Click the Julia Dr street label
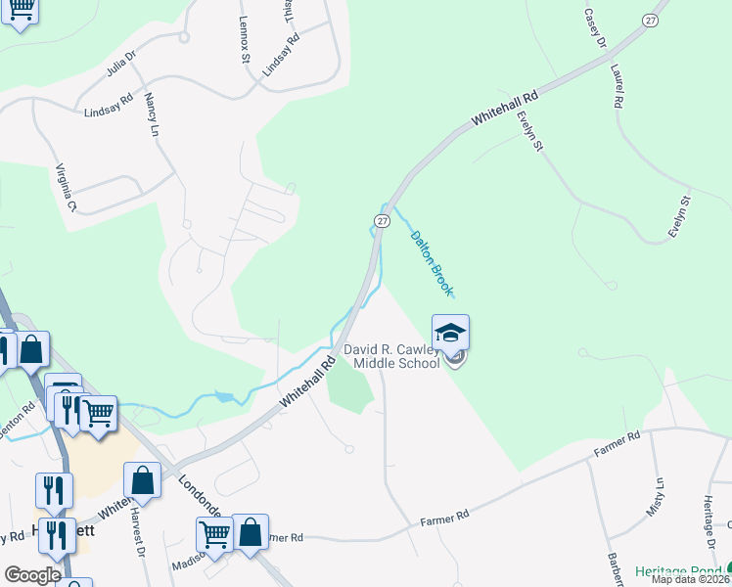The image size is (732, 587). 124,67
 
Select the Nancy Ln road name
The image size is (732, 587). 152,114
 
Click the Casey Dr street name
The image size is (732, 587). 595,29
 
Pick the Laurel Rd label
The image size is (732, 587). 617,86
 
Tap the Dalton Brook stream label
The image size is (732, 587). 432,262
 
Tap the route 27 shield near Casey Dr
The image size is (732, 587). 651,21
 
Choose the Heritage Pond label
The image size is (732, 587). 679,570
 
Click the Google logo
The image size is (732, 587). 32,575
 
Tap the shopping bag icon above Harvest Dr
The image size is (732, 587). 142,480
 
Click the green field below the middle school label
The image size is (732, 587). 349,391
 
